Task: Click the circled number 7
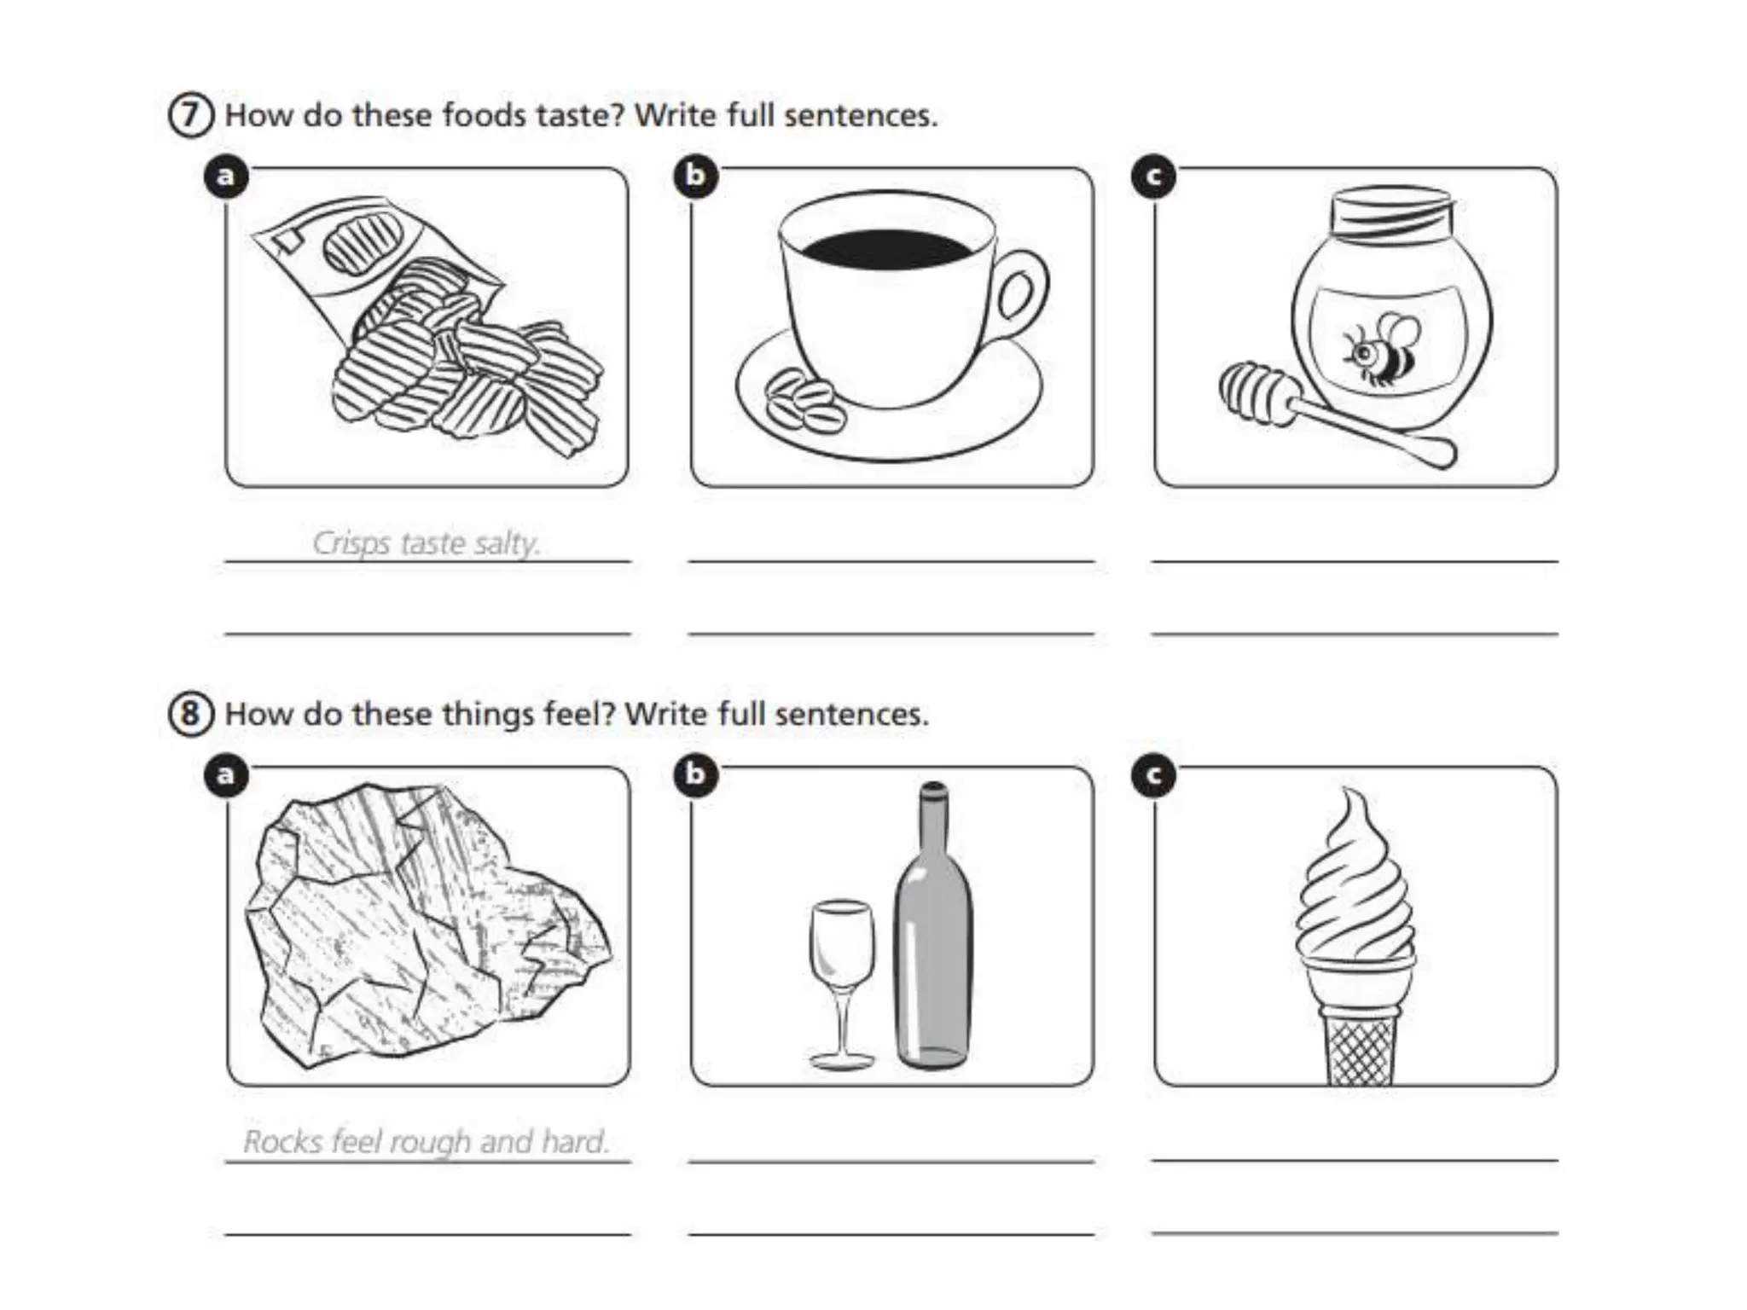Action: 190,116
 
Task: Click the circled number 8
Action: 190,714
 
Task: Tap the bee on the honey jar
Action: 1380,349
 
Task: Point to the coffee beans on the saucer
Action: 804,400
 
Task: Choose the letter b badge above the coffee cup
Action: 696,176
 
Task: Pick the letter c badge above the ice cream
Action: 1154,775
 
